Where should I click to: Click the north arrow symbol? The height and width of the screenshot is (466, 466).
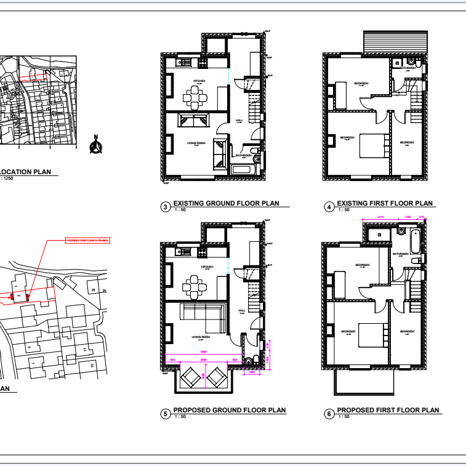pyautogui.click(x=95, y=146)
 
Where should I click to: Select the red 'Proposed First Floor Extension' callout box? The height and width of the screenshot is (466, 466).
pyautogui.click(x=87, y=241)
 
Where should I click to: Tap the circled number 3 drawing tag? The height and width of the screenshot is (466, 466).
pyautogui.click(x=165, y=207)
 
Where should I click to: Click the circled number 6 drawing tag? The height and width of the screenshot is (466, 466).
pyautogui.click(x=329, y=414)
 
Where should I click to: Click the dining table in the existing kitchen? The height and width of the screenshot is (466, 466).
pyautogui.click(x=195, y=96)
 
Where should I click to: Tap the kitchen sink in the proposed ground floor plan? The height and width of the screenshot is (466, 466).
pyautogui.click(x=183, y=251)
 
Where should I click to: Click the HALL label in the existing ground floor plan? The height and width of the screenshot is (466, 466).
pyautogui.click(x=239, y=120)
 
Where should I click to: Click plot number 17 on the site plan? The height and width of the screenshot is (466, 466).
pyautogui.click(x=85, y=350)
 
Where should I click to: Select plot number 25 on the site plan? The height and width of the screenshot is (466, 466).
pyautogui.click(x=94, y=290)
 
